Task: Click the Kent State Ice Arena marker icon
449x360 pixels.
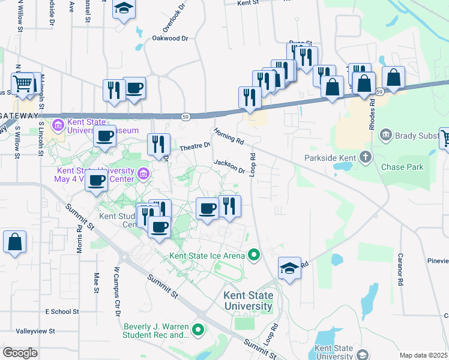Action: point(253,256)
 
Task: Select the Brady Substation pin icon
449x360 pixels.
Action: point(385,136)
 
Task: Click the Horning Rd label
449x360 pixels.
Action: point(229,137)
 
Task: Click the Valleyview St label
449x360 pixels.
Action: point(35,331)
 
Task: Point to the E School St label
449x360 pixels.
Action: point(62,312)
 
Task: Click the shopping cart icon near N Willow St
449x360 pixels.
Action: point(23,83)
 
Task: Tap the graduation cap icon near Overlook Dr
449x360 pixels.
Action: point(124,8)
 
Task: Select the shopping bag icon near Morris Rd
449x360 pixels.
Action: point(15,243)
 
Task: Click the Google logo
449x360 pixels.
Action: point(20,352)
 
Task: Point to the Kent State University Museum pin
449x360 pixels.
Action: point(59,126)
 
